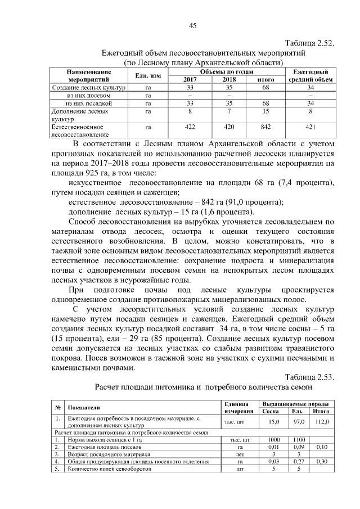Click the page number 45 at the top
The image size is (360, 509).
(192, 25)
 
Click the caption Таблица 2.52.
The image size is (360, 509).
(309, 43)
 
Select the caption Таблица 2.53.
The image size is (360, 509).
(309, 377)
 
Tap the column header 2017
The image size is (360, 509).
(190, 80)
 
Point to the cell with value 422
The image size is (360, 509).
(190, 127)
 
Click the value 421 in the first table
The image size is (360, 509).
(310, 127)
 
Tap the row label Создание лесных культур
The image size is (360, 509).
(88, 88)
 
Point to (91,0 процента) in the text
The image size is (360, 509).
(247, 202)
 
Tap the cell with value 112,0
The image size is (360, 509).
(321, 421)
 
